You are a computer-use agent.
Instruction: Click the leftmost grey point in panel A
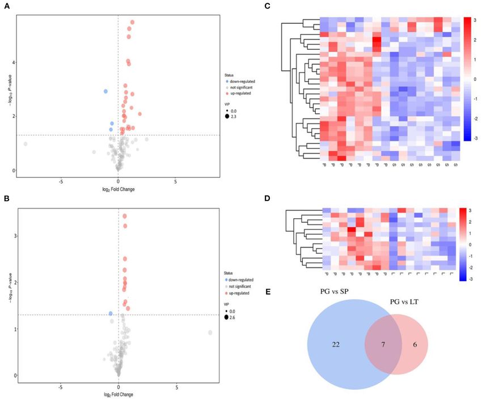tap(25, 144)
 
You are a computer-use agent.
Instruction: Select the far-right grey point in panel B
tap(210, 333)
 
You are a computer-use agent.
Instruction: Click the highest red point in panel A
tap(132, 22)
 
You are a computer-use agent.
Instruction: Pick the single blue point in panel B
tap(111, 313)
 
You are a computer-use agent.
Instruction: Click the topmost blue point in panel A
tap(105, 91)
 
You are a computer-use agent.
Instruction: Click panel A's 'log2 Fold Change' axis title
tap(117, 190)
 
